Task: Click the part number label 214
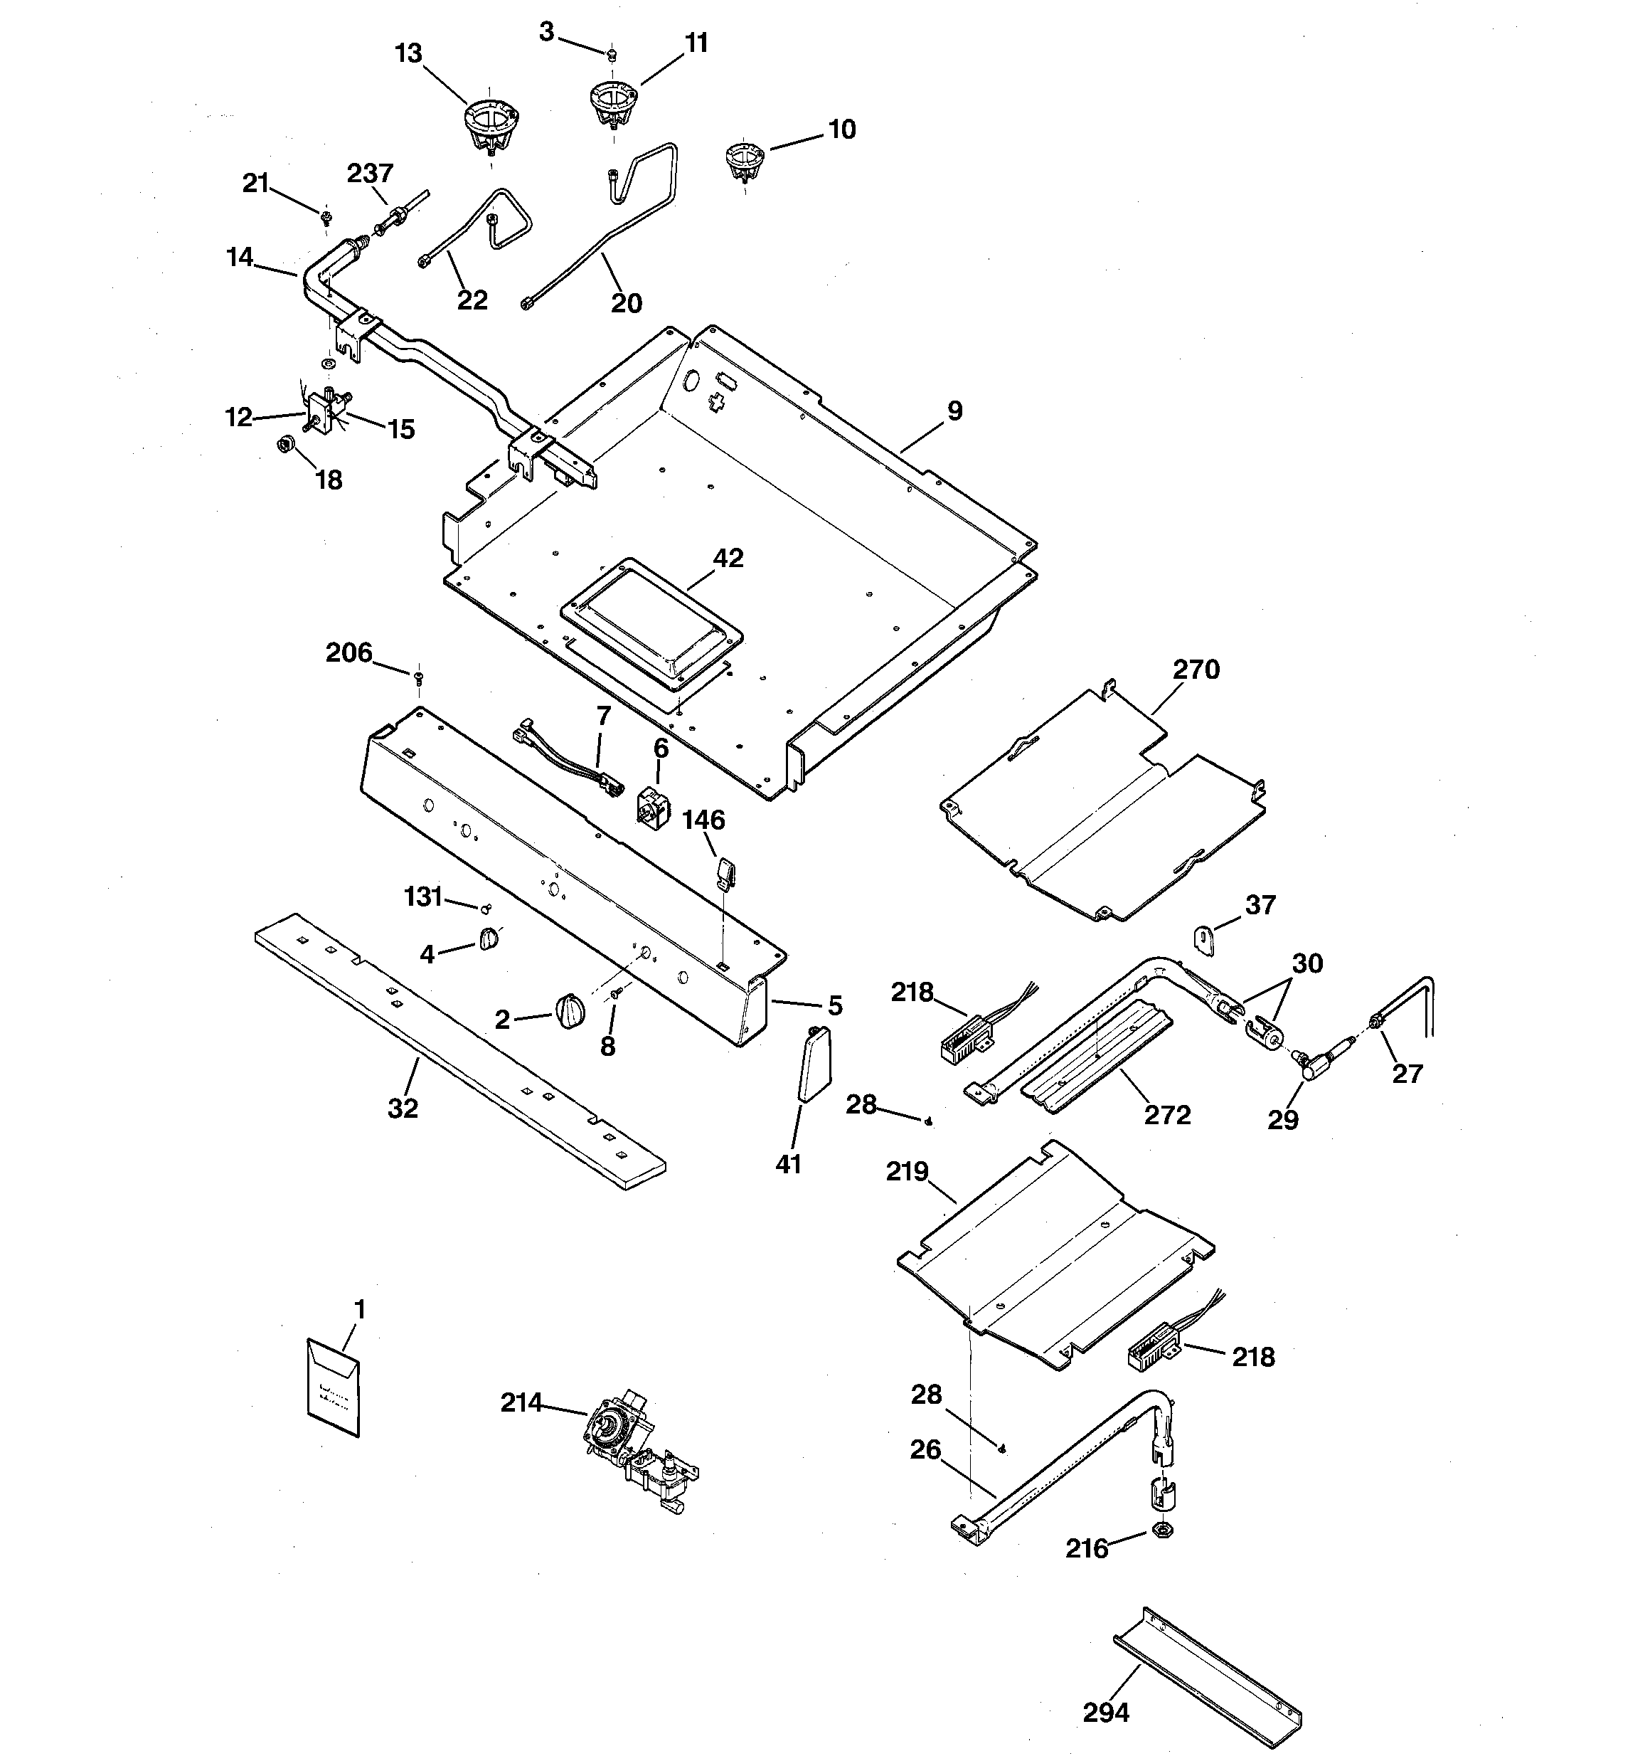(x=521, y=1402)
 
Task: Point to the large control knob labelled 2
(x=570, y=1011)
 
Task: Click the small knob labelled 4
(x=489, y=939)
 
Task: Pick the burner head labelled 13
(x=491, y=129)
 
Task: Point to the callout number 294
(x=1105, y=1713)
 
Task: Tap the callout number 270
(x=1196, y=670)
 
